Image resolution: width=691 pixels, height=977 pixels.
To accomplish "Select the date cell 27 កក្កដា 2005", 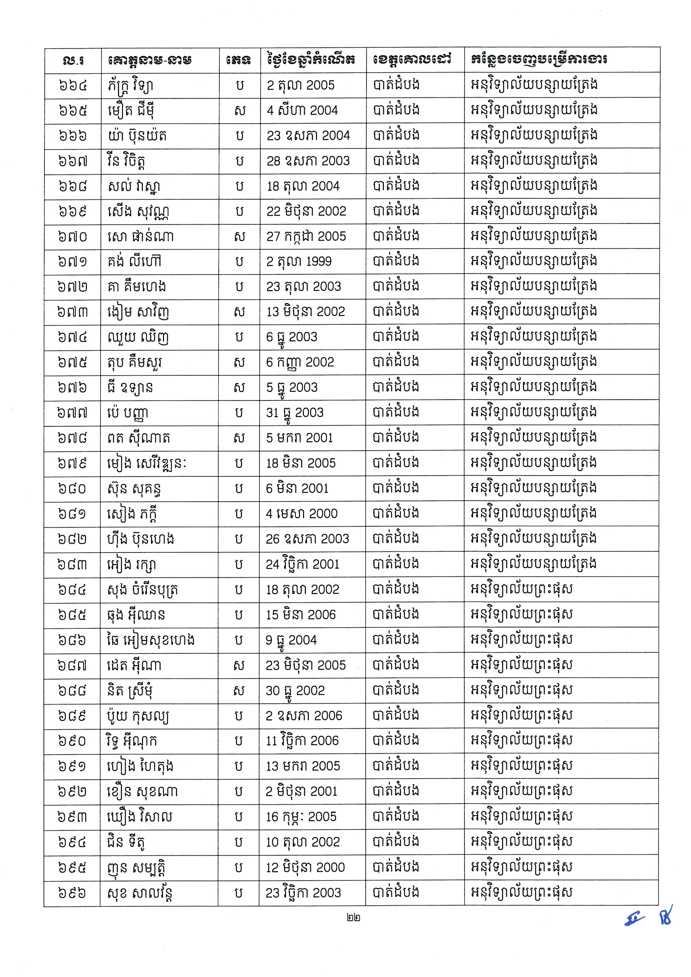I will pyautogui.click(x=306, y=236).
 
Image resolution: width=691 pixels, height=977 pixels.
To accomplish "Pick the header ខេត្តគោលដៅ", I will pyautogui.click(x=412, y=60).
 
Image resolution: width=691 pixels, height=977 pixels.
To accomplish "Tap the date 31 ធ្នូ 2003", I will pyautogui.click(x=295, y=413).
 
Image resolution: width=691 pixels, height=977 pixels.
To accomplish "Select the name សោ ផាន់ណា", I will pyautogui.click(x=140, y=236).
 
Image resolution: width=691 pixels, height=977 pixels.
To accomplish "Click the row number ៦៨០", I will pyautogui.click(x=72, y=489).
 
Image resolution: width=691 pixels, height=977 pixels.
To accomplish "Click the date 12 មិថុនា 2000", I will pyautogui.click(x=305, y=868).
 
